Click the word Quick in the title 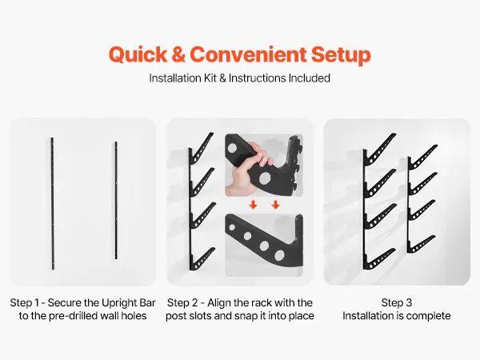coord(138,55)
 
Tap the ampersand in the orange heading coord(178,54)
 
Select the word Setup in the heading coord(341,55)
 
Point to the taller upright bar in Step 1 coord(52,203)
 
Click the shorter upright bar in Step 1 coord(116,201)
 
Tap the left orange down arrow coord(253,205)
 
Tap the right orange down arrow coord(275,205)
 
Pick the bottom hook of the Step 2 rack coord(202,259)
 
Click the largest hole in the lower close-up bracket coord(279,255)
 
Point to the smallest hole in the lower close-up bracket coord(232,227)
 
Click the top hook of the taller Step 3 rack coord(381,148)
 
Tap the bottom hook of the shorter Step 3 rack coord(422,244)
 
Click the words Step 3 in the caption coord(397,302)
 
